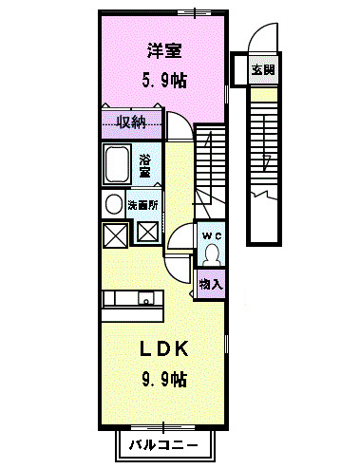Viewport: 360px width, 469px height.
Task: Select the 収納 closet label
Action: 131,121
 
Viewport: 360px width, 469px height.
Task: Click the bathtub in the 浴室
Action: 119,165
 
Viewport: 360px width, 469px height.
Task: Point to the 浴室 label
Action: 146,166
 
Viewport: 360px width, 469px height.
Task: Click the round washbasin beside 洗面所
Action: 113,204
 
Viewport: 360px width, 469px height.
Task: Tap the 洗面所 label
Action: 144,202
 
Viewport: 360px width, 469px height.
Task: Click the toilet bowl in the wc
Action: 211,254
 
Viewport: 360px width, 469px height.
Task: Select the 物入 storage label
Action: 211,284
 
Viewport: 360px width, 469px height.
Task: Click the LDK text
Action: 165,349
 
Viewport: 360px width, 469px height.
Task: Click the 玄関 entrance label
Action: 261,69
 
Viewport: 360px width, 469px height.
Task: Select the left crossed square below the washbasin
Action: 115,233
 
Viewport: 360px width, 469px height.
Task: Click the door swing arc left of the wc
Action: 181,243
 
